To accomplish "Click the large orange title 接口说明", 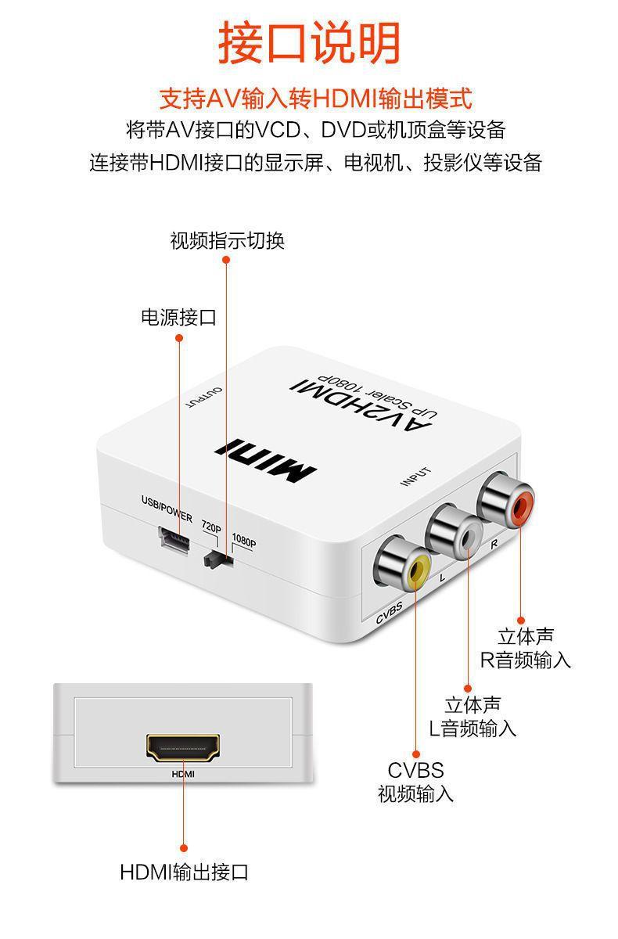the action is (x=309, y=43).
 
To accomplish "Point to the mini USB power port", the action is (x=174, y=540).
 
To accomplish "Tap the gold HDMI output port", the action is (x=183, y=747).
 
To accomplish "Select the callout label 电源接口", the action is (x=178, y=318).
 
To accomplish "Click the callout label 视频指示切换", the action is (x=227, y=241).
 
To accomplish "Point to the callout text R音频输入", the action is (x=526, y=660).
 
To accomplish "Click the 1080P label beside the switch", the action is (x=244, y=542).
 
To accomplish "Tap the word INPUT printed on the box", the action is (x=415, y=477).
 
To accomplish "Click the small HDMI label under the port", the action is (x=183, y=775).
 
